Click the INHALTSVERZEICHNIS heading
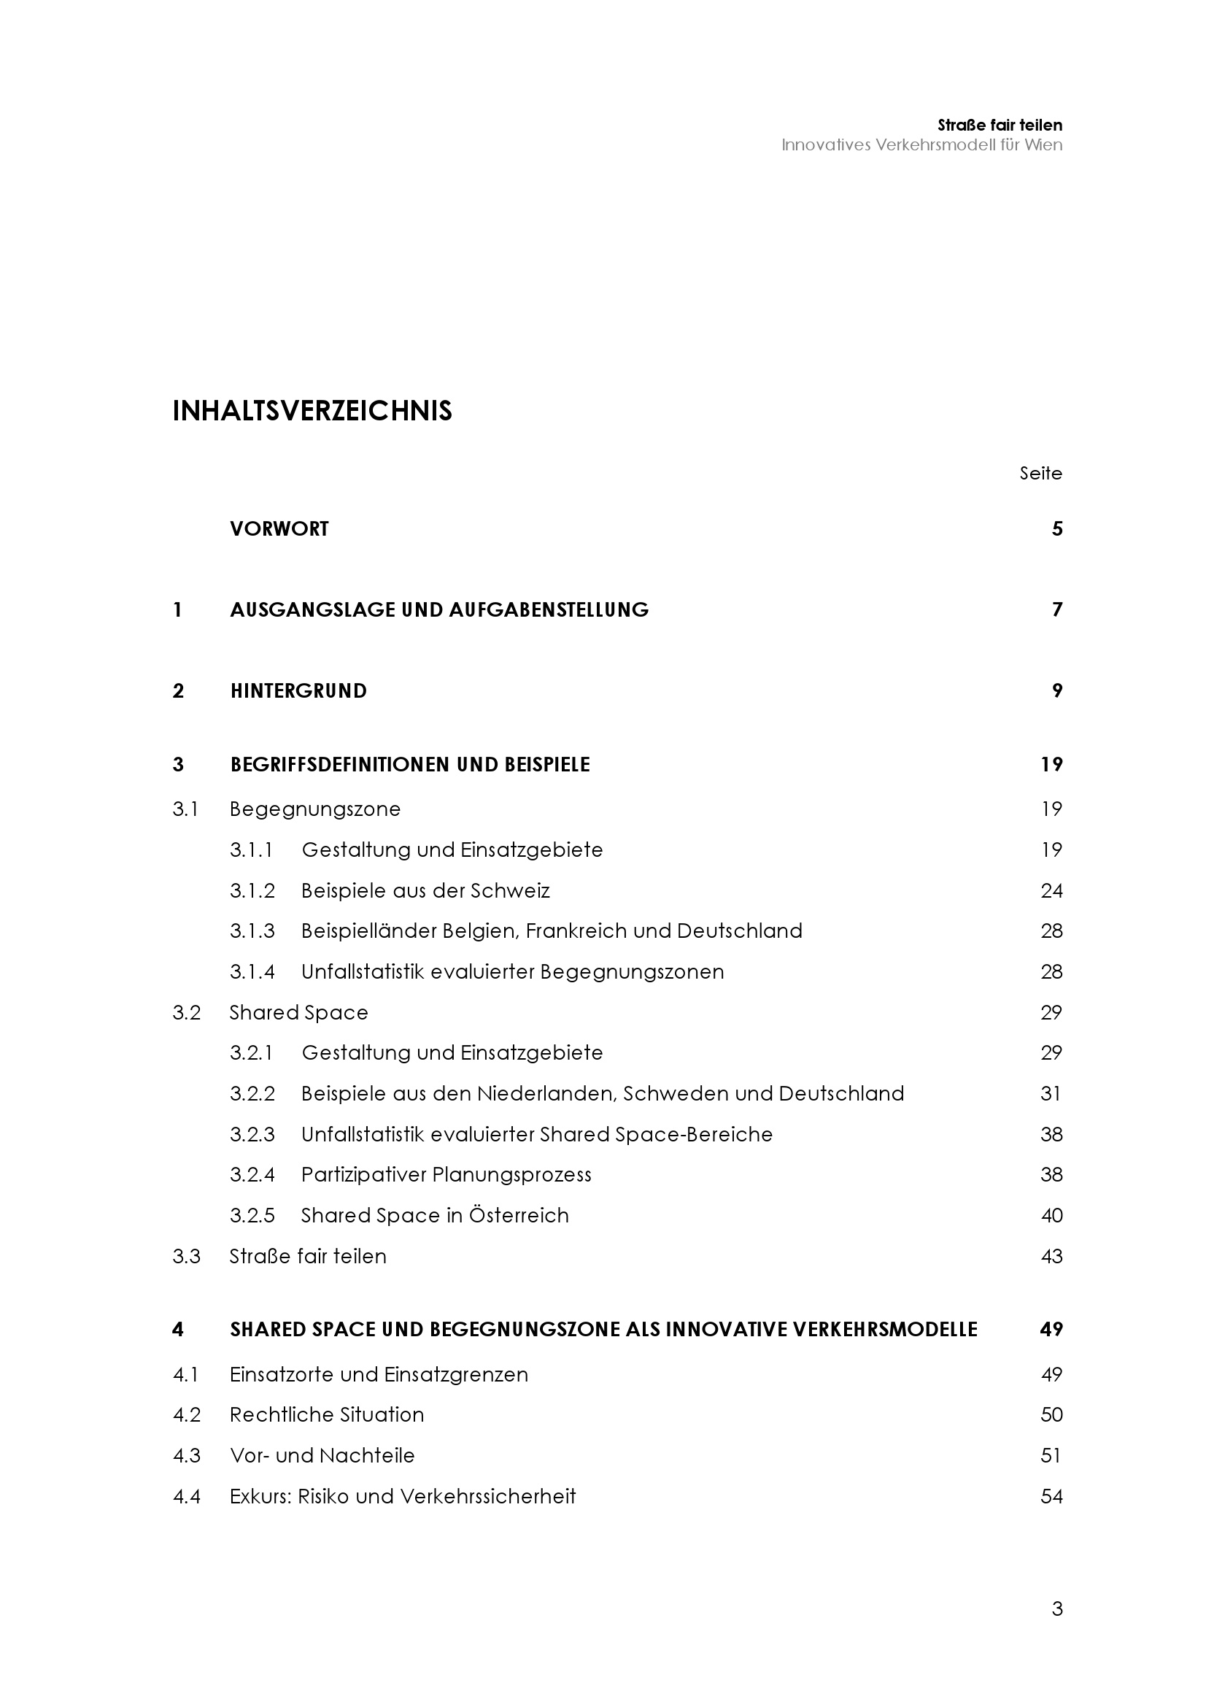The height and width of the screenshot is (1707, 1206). [x=312, y=411]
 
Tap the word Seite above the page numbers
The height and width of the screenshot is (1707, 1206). [x=1040, y=474]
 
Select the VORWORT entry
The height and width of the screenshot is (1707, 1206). [x=279, y=528]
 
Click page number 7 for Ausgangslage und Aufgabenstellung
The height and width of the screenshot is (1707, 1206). [x=1056, y=609]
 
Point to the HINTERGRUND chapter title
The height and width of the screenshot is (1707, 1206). [x=298, y=690]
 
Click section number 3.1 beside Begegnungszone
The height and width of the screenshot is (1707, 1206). [x=185, y=809]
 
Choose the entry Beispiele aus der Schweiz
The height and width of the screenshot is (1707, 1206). [x=425, y=890]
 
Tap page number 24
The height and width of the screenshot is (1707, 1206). [x=1051, y=890]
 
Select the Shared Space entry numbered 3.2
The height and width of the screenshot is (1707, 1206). [x=298, y=1013]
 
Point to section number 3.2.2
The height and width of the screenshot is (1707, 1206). [x=252, y=1094]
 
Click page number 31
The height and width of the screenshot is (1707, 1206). [x=1050, y=1094]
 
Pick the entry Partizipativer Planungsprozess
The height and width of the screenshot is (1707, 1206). [x=446, y=1175]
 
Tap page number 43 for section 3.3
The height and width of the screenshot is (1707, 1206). [x=1051, y=1257]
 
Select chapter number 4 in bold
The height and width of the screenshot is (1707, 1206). [x=177, y=1329]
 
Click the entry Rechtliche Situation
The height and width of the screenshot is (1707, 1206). [x=326, y=1415]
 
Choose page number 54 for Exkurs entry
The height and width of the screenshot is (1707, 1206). [x=1051, y=1496]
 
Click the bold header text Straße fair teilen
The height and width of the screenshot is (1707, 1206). [x=1000, y=125]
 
